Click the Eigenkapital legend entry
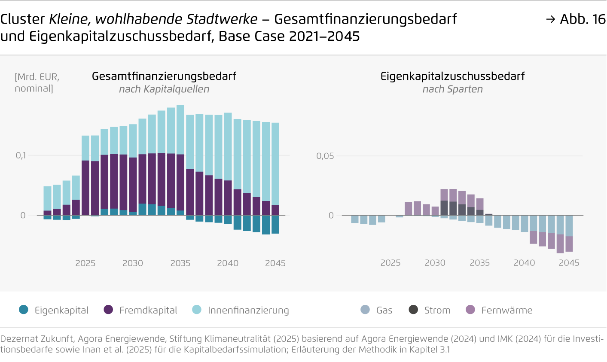(54, 310)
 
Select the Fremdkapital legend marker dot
(109, 310)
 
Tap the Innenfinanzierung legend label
(248, 310)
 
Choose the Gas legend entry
(377, 310)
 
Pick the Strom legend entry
(430, 310)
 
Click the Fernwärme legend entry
(499, 310)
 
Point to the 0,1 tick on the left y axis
(21, 155)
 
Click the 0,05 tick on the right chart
(325, 156)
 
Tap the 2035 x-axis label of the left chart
(180, 263)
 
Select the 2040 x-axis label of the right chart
(524, 263)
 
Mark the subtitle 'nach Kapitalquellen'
(164, 89)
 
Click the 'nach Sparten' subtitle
(452, 89)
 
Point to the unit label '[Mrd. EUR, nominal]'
(37, 82)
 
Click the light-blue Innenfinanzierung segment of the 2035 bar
(180, 129)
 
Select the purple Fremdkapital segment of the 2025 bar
(85, 188)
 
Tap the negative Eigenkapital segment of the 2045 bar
(275, 224)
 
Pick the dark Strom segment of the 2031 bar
(444, 208)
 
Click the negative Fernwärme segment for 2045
(569, 244)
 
